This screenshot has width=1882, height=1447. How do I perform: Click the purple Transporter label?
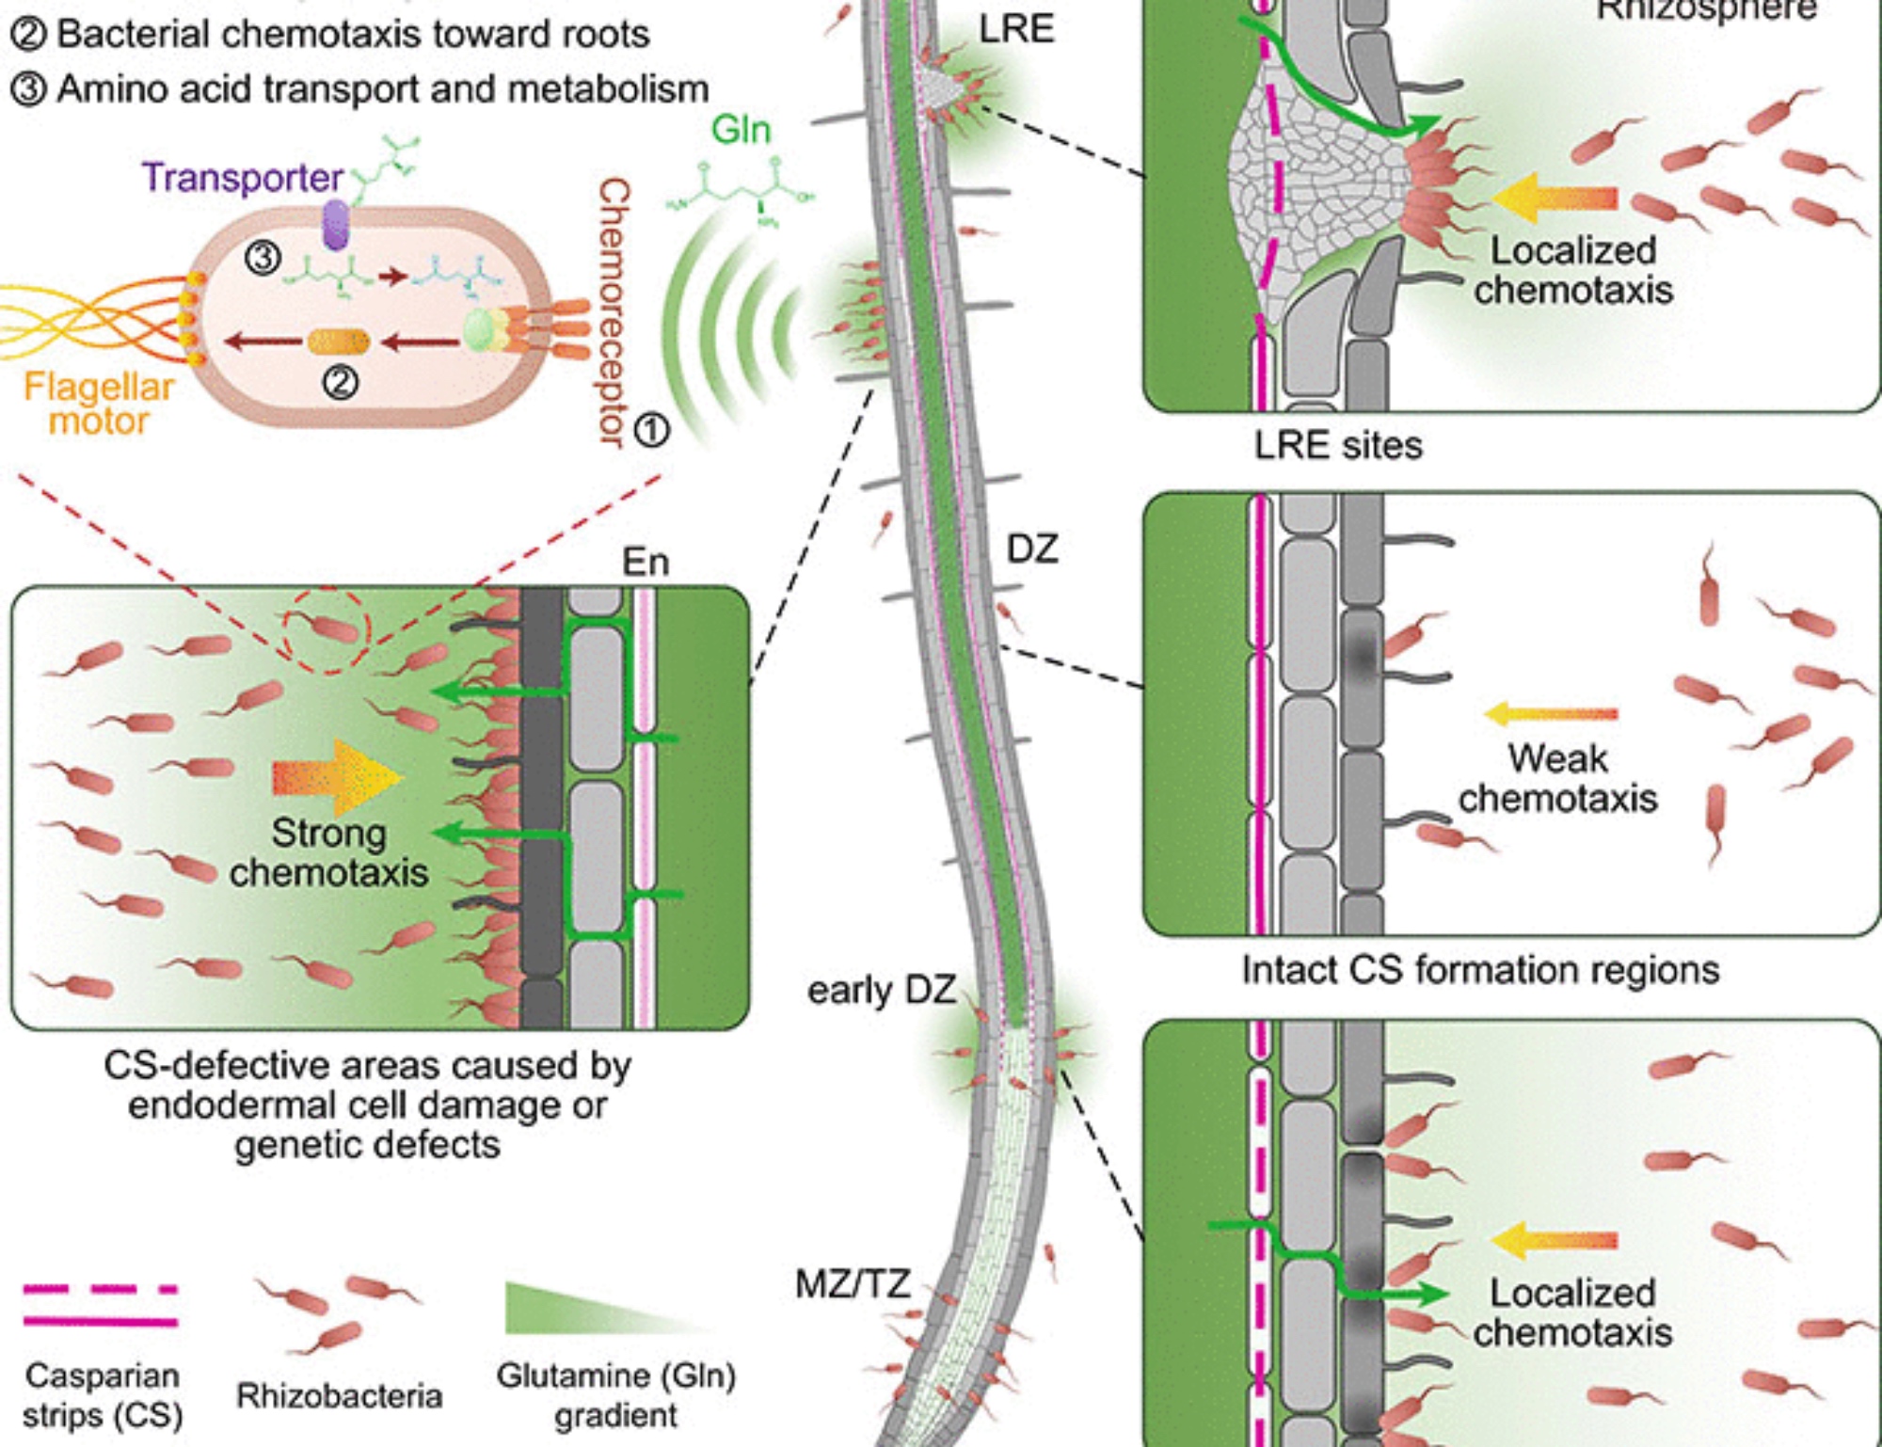pyautogui.click(x=242, y=178)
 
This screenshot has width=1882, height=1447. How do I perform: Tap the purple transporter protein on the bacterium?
pyautogui.click(x=335, y=225)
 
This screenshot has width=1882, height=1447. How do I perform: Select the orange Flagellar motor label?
pyautogui.click(x=99, y=404)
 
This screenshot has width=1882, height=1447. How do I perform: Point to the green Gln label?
pyautogui.click(x=742, y=130)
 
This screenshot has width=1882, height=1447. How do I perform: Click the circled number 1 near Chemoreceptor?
pyautogui.click(x=651, y=430)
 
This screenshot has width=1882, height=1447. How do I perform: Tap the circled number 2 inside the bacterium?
pyautogui.click(x=340, y=382)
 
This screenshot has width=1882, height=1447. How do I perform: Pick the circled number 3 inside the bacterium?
pyautogui.click(x=263, y=257)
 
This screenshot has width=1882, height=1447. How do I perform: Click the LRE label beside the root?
pyautogui.click(x=1016, y=29)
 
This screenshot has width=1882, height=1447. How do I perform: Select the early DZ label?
pyautogui.click(x=882, y=990)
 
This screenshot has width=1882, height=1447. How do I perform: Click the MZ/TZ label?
pyautogui.click(x=853, y=1283)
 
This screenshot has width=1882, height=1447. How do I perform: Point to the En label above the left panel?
pyautogui.click(x=646, y=562)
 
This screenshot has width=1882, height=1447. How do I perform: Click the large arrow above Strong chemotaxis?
pyautogui.click(x=337, y=777)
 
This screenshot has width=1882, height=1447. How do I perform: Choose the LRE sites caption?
pyautogui.click(x=1338, y=445)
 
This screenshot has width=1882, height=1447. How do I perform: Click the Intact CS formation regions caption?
pyautogui.click(x=1480, y=969)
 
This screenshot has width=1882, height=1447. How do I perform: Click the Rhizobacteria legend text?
pyautogui.click(x=339, y=1395)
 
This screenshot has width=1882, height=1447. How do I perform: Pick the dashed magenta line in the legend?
pyautogui.click(x=101, y=1289)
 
